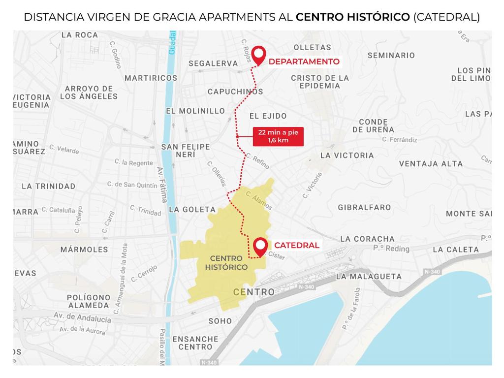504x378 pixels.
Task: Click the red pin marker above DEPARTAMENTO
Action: [258, 54]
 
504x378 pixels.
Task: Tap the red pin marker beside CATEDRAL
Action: [260, 245]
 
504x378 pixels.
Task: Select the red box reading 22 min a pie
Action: [278, 136]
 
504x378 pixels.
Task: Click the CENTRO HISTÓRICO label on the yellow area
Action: [226, 262]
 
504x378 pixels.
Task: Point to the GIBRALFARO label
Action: [364, 207]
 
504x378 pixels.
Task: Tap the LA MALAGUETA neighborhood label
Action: [369, 276]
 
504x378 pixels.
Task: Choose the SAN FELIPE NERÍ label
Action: [186, 151]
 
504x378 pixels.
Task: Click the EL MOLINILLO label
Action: [195, 111]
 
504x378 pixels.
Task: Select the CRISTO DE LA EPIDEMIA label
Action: [320, 82]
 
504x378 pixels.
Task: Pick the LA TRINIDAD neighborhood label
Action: [49, 186]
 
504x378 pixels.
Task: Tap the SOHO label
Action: [220, 321]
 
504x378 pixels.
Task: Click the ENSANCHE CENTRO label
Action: [195, 343]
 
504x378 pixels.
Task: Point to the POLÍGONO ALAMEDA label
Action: [89, 301]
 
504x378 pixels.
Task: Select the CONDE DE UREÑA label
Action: [373, 126]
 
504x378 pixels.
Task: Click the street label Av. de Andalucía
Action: [82, 317]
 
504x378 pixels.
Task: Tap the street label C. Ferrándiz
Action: [399, 140]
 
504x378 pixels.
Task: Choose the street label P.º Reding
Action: [391, 249]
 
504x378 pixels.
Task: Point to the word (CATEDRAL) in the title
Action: [446, 17]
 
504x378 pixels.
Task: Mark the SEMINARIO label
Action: [391, 55]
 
